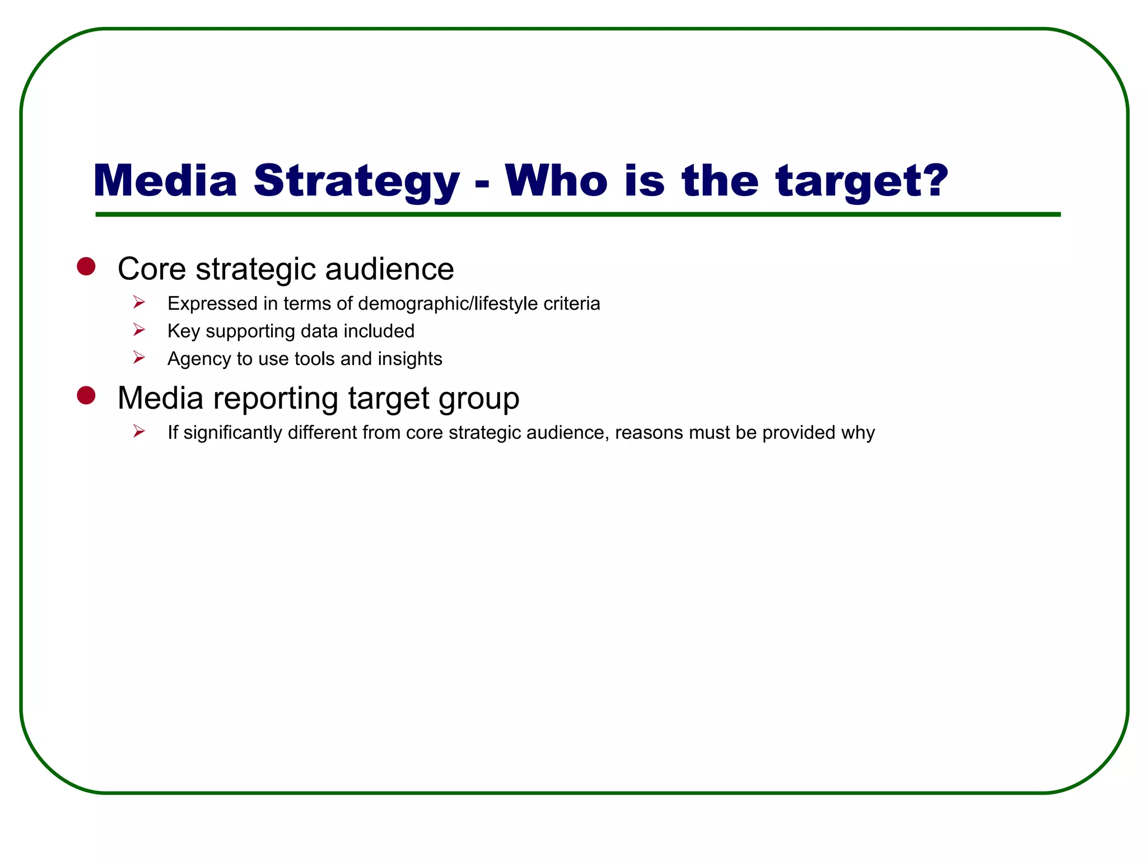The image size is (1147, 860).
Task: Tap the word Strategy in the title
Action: point(356,181)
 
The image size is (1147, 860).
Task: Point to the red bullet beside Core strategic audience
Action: point(86,267)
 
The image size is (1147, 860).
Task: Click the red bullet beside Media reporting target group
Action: point(86,395)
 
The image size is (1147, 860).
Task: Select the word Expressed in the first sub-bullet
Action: point(212,303)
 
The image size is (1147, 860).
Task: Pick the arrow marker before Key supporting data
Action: point(139,330)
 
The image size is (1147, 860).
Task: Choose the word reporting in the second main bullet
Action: point(276,399)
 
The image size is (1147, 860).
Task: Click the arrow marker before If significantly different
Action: point(139,431)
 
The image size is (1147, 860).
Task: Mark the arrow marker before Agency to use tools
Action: point(139,358)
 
